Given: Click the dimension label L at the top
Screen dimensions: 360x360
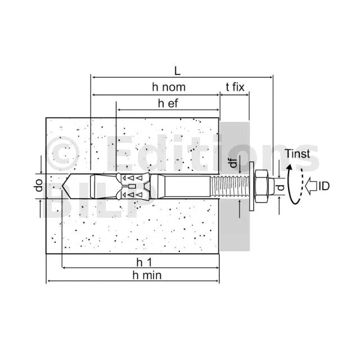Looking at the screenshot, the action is (x=177, y=71).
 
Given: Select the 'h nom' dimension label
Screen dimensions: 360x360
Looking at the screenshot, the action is (x=169, y=87).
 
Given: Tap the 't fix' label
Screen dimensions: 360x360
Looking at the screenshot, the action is (x=235, y=87).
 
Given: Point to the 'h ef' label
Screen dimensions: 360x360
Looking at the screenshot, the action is (x=168, y=103).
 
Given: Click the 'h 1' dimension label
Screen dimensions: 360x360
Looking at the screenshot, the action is (x=144, y=262).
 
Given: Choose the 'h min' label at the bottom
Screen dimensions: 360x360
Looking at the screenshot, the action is (x=147, y=275).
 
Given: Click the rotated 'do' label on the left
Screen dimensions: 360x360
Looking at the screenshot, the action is (x=39, y=186).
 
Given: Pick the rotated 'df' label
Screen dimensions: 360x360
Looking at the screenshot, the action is (x=233, y=163).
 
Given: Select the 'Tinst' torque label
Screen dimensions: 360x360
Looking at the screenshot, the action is (x=298, y=154).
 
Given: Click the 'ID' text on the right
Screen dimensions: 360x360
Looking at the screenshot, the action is (x=324, y=186).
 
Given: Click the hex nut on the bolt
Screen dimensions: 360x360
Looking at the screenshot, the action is (x=262, y=186).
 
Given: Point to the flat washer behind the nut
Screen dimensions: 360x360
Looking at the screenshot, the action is (x=251, y=186).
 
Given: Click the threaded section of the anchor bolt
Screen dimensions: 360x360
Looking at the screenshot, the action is (x=229, y=186).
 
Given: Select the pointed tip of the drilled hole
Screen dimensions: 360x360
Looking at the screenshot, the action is (x=62, y=186).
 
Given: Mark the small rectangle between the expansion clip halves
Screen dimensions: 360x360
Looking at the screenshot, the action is (x=131, y=186).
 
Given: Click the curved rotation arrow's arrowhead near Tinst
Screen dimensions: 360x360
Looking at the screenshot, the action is (x=290, y=168).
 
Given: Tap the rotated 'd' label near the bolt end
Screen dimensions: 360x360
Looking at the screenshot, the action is (x=281, y=187).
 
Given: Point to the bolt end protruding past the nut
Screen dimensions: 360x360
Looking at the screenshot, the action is (x=271, y=186).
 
